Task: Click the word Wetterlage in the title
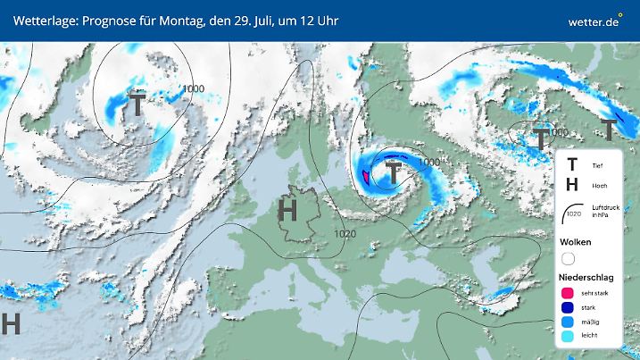46,20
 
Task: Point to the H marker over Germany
287,211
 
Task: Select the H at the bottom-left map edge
11,323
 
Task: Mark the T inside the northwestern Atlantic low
137,104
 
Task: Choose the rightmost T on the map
609,130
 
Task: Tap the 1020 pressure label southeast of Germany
347,234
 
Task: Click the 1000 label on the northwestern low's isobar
194,88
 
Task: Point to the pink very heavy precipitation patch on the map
367,174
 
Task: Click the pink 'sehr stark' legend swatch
568,292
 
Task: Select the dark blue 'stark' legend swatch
568,307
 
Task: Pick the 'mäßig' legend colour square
568,322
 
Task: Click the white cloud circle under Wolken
568,258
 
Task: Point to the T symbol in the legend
572,164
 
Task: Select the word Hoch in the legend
599,186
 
